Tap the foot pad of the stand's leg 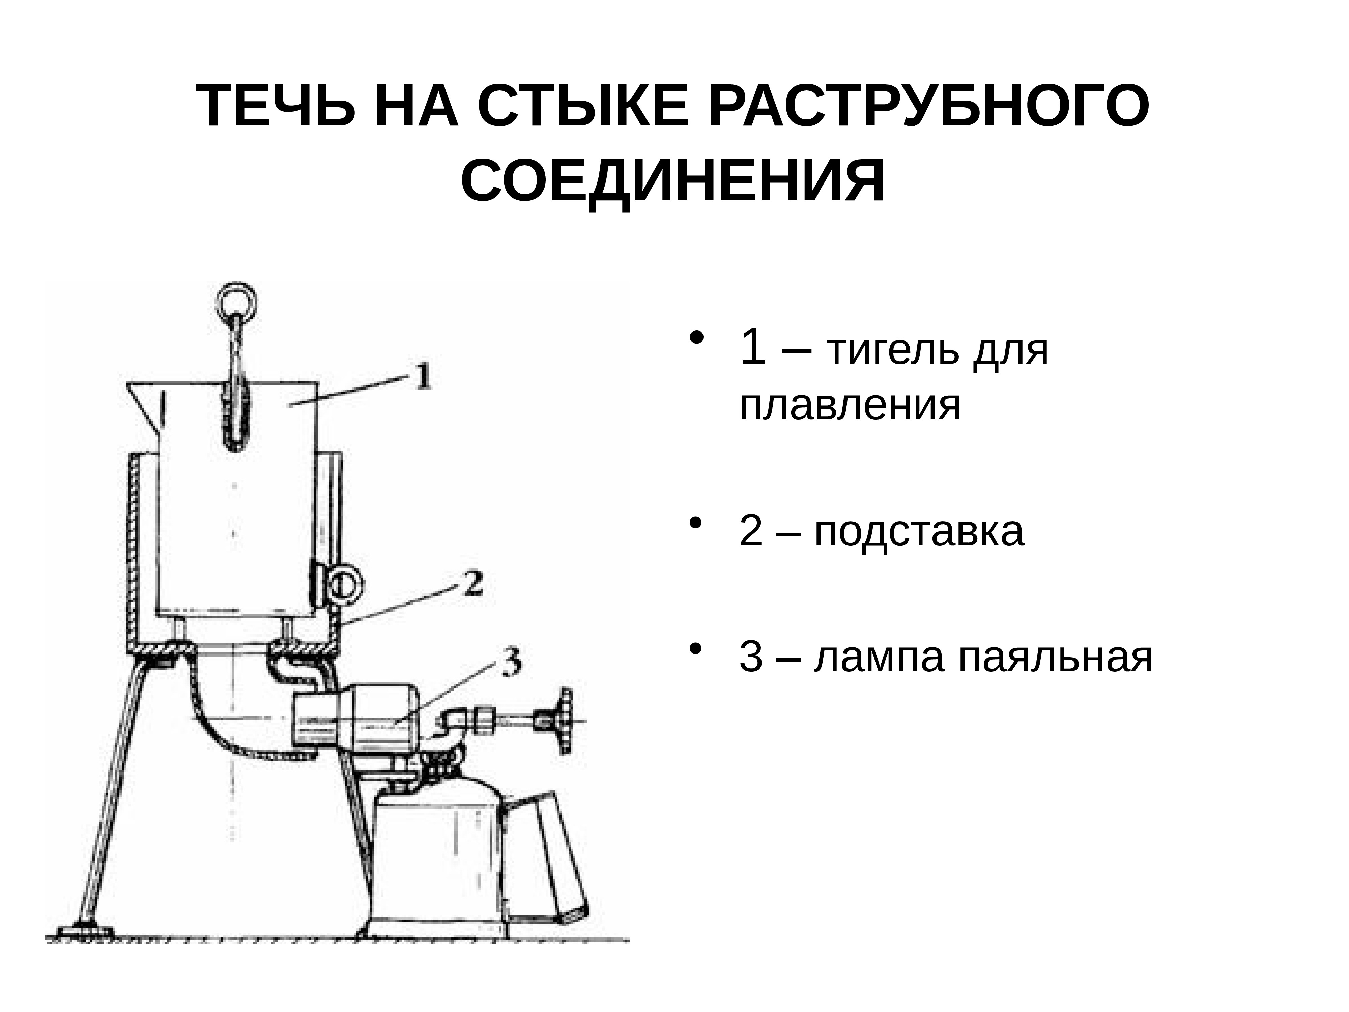pyautogui.click(x=84, y=931)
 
